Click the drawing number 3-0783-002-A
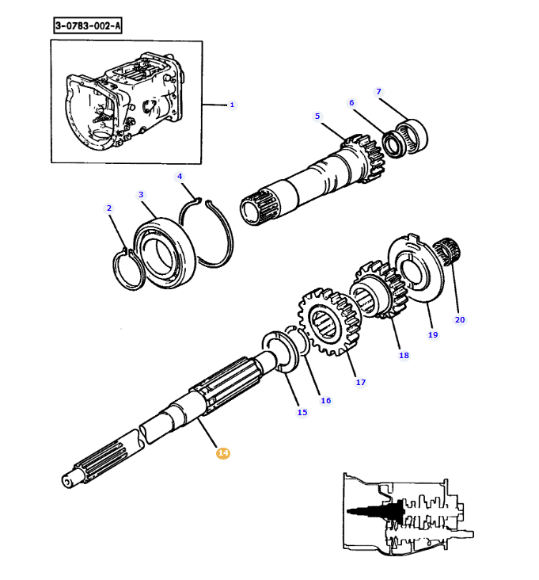tap(88, 26)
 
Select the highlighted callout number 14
tap(223, 452)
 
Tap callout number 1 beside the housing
tap(232, 105)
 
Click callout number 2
tap(109, 208)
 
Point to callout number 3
tap(141, 195)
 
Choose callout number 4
tap(180, 177)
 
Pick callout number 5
tap(317, 116)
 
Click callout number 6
tap(351, 102)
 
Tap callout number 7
tap(378, 91)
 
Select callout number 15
tap(302, 413)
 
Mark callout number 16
tap(325, 401)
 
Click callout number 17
tap(361, 383)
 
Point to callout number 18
tap(404, 356)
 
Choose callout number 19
tap(433, 334)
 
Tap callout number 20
tap(460, 319)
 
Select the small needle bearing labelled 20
tap(446, 251)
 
